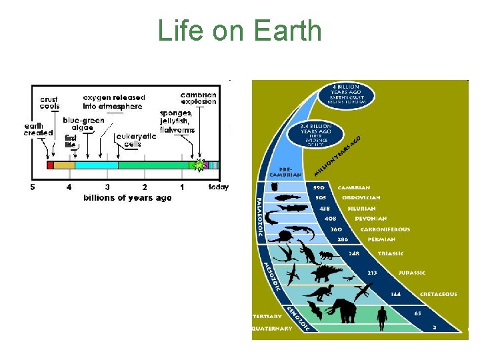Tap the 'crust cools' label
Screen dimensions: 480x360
tap(49, 102)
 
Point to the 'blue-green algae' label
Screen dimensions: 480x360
tap(83, 124)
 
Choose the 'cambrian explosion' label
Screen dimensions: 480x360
tap(199, 98)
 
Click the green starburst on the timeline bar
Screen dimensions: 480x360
tap(198, 165)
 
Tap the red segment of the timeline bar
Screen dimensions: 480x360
tap(50, 165)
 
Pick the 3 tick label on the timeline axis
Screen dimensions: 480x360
tap(107, 187)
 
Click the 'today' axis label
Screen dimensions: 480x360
tap(218, 187)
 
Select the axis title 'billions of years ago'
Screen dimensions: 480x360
tap(127, 197)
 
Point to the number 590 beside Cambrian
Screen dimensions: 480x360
tap(319, 188)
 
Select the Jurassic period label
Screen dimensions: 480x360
tap(412, 273)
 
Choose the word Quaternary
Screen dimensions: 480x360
tap(272, 328)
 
